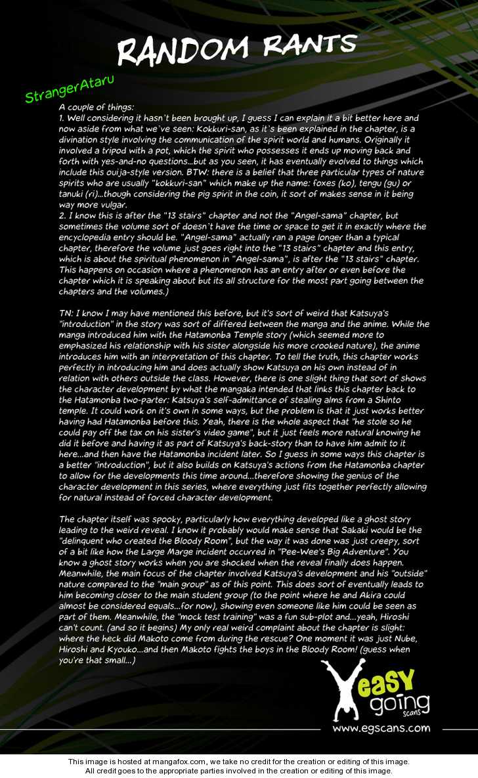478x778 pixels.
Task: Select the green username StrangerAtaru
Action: (x=63, y=91)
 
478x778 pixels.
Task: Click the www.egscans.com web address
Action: (x=381, y=727)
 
